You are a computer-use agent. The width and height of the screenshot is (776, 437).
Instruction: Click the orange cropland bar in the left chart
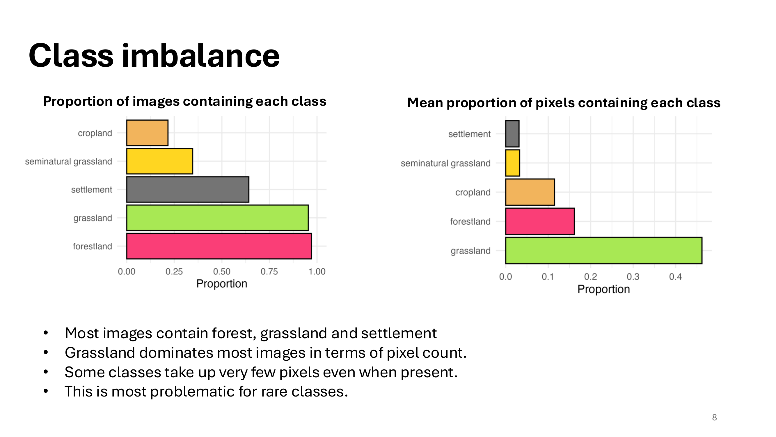(x=147, y=133)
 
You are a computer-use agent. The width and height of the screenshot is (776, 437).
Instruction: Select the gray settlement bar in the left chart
(x=187, y=189)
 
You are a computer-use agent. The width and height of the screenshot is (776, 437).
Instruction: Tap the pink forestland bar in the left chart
(x=219, y=246)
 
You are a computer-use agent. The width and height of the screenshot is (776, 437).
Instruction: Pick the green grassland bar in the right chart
(x=603, y=251)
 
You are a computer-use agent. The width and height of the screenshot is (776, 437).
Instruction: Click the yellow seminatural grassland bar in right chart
(x=512, y=163)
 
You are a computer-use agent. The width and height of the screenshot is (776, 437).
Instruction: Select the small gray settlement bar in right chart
(x=512, y=134)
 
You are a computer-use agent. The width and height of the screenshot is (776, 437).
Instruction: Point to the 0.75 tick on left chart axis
(x=269, y=272)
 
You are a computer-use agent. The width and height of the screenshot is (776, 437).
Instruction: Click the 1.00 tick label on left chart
(x=317, y=272)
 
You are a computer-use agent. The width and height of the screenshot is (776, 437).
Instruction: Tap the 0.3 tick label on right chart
(x=633, y=276)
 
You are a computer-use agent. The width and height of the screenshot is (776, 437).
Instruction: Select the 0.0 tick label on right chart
(x=505, y=276)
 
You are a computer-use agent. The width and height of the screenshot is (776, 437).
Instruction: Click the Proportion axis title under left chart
(x=222, y=284)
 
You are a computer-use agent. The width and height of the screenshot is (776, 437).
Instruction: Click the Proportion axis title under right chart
(x=603, y=289)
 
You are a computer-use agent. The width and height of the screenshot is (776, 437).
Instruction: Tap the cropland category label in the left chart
(x=95, y=133)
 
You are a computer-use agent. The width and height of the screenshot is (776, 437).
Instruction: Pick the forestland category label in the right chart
(x=470, y=222)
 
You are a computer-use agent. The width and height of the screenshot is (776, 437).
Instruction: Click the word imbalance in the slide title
(x=201, y=56)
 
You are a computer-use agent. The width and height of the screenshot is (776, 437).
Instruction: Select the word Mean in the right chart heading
(x=425, y=103)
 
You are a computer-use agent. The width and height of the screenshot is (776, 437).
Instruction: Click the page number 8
(x=714, y=417)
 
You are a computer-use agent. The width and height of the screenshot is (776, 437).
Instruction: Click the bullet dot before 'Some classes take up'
(x=46, y=372)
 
